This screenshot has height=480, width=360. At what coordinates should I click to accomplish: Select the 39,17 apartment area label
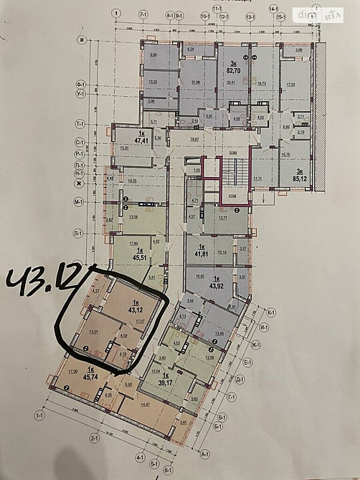[x=166, y=383]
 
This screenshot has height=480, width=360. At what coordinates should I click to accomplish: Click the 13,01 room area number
[x=93, y=332]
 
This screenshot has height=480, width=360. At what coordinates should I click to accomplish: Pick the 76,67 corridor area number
[x=193, y=139]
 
